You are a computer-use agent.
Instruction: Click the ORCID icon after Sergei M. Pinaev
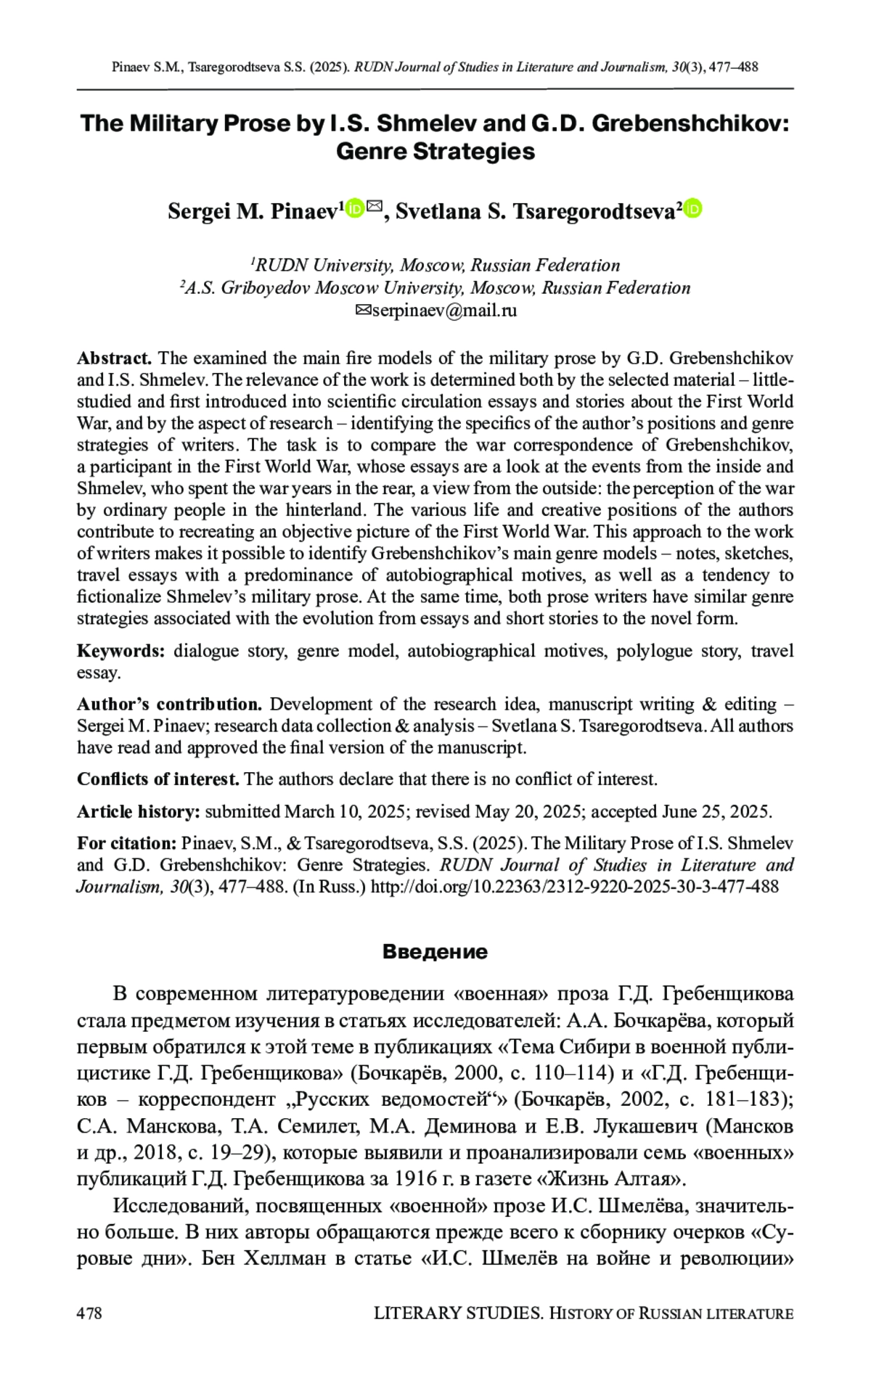click(x=355, y=209)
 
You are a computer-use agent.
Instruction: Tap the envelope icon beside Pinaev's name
click(x=374, y=208)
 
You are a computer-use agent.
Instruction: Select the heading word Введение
click(x=435, y=951)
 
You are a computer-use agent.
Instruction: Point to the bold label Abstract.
click(x=114, y=358)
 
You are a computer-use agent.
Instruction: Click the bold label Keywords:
click(x=121, y=651)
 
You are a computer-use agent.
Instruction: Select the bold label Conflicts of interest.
click(x=158, y=779)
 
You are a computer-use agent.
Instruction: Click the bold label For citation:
click(x=127, y=843)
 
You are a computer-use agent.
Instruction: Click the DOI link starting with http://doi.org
click(x=574, y=886)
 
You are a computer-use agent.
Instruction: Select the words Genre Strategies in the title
click(x=435, y=152)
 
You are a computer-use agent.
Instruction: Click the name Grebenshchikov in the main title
click(x=690, y=123)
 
